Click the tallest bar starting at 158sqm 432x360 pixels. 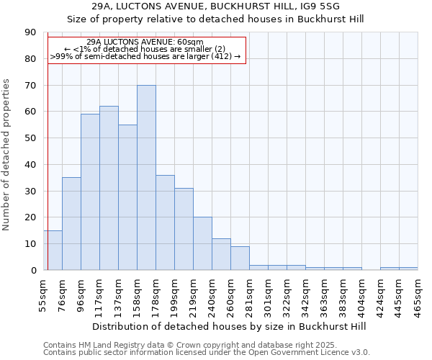click(146, 178)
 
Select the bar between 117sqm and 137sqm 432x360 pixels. click(109, 188)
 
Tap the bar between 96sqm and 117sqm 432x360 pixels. click(90, 192)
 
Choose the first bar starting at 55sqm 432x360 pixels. click(53, 251)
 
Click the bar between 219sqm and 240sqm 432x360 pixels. click(202, 243)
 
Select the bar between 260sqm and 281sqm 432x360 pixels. click(240, 258)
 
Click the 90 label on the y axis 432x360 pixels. click(31, 32)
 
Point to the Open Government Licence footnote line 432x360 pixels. click(207, 352)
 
